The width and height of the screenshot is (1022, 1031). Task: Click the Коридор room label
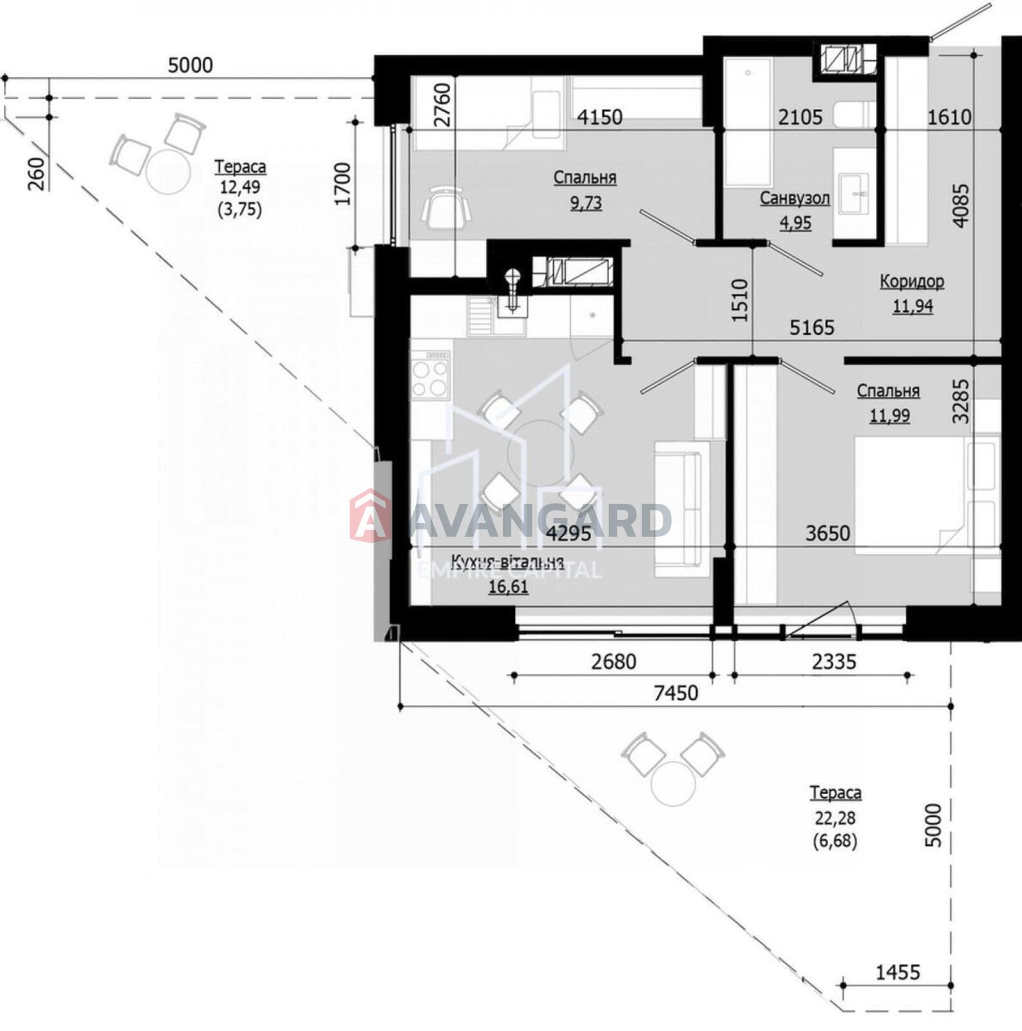912,281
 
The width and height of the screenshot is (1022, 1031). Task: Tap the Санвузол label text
795,198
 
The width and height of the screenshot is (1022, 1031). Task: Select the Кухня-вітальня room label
507,561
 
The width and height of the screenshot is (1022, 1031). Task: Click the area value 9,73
585,203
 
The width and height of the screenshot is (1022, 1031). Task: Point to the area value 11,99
889,416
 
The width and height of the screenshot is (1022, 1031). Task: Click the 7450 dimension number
676,693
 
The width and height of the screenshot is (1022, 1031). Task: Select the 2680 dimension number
614,661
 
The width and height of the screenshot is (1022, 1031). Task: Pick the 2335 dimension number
834,661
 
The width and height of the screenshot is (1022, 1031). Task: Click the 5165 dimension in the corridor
812,327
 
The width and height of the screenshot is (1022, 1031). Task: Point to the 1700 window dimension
342,184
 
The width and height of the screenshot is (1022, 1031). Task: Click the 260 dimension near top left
37,173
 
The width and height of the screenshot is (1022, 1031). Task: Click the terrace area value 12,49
240,188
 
